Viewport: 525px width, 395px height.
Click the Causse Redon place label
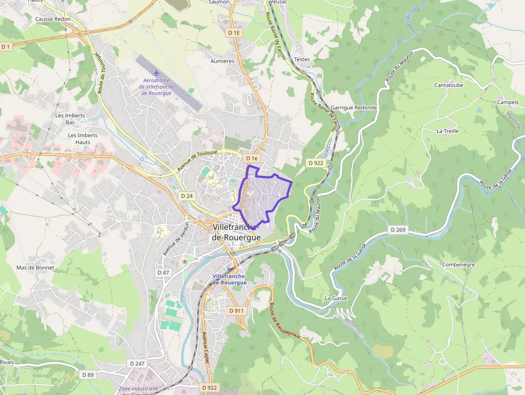pos(52,19)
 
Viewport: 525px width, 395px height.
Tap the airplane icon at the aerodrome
pos(156,72)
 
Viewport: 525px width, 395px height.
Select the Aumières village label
pos(222,61)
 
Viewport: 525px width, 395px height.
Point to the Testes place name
pos(302,59)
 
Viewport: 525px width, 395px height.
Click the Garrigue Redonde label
pos(354,108)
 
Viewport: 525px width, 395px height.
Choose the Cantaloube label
pos(449,85)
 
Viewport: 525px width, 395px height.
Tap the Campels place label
pos(508,102)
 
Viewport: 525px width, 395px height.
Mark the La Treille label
pos(447,131)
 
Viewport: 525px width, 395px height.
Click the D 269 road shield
pos(399,230)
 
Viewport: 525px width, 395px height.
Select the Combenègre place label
pos(459,265)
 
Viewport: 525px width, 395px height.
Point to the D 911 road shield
pos(236,311)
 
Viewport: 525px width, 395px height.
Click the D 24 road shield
pos(186,196)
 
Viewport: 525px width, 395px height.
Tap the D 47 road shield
pos(163,273)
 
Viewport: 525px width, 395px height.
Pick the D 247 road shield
pos(137,363)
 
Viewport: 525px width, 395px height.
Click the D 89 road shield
pos(87,374)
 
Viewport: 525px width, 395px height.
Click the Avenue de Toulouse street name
pos(198,161)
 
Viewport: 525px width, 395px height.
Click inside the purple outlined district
pos(265,193)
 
